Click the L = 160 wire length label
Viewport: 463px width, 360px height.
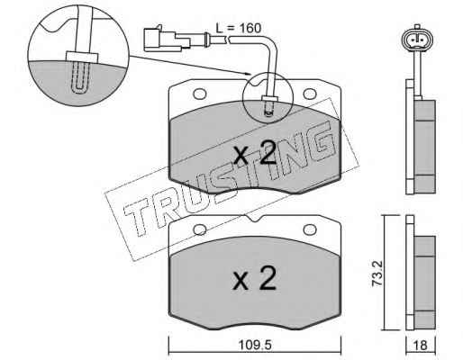tap(239, 28)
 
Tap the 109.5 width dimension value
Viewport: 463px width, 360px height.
tap(255, 346)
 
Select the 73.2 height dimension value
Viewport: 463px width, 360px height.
tap(377, 273)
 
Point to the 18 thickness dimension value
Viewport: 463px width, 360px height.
tap(421, 346)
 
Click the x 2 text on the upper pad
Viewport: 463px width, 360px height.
tap(255, 153)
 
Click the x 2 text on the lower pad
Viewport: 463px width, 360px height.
tap(254, 278)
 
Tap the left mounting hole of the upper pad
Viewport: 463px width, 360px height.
tap(200, 94)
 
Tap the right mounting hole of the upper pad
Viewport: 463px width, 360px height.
tap(310, 94)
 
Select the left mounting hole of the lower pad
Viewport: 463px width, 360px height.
tap(200, 230)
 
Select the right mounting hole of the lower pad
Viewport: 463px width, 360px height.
tap(310, 230)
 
